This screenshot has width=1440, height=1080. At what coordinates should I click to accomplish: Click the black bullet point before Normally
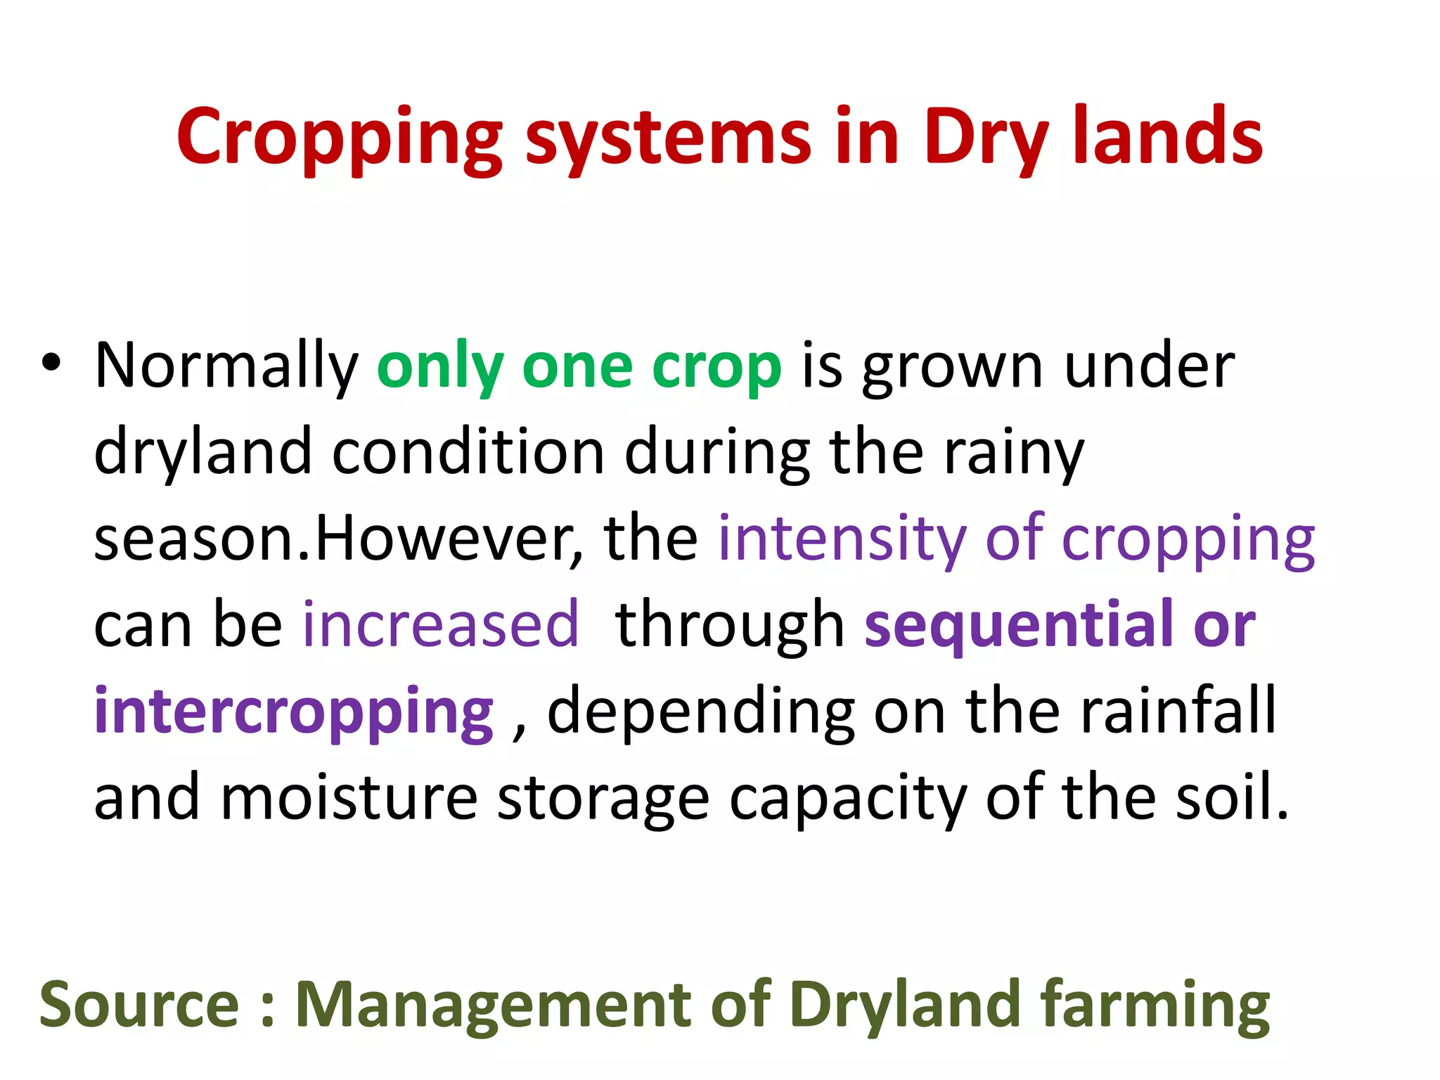click(x=51, y=364)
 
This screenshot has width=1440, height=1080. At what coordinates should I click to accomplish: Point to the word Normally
click(x=226, y=367)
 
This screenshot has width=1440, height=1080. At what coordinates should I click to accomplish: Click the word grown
click(x=953, y=367)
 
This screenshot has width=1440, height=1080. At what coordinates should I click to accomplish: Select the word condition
click(x=468, y=452)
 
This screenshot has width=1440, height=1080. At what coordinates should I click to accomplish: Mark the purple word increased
click(x=441, y=624)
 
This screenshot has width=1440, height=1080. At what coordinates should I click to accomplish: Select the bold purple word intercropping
click(x=294, y=712)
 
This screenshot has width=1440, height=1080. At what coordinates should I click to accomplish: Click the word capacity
click(x=848, y=799)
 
